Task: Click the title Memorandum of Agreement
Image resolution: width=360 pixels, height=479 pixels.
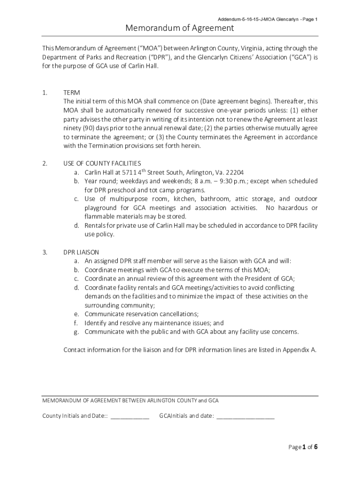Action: (180, 29)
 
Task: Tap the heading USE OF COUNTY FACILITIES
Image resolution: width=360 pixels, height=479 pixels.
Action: (102, 163)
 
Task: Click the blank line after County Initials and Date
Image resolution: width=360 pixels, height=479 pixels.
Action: (130, 415)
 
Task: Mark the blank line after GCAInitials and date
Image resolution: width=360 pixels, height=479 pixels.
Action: (245, 415)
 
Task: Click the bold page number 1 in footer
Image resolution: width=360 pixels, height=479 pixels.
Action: (303, 447)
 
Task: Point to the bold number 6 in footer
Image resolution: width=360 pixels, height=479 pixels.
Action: (316, 447)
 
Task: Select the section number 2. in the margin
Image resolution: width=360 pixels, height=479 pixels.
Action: (45, 163)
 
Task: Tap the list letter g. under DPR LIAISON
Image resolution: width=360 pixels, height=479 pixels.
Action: (76, 332)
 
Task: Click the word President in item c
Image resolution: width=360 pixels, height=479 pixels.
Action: (257, 279)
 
